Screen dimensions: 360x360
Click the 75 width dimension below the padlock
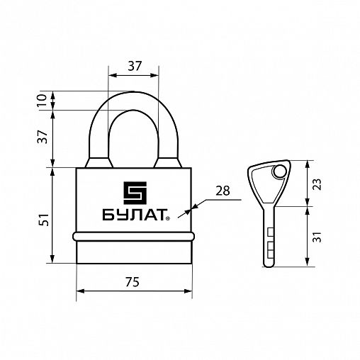133,282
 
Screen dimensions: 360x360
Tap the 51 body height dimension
44,220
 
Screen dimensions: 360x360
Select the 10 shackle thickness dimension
42,101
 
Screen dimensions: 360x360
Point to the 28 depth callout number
223,191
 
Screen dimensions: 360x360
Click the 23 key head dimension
318,184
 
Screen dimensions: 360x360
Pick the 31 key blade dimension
318,237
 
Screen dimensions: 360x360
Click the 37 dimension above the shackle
135,66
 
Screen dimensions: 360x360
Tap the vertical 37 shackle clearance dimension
43,137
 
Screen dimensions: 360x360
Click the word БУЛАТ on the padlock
133,215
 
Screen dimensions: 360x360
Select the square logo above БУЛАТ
135,193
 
